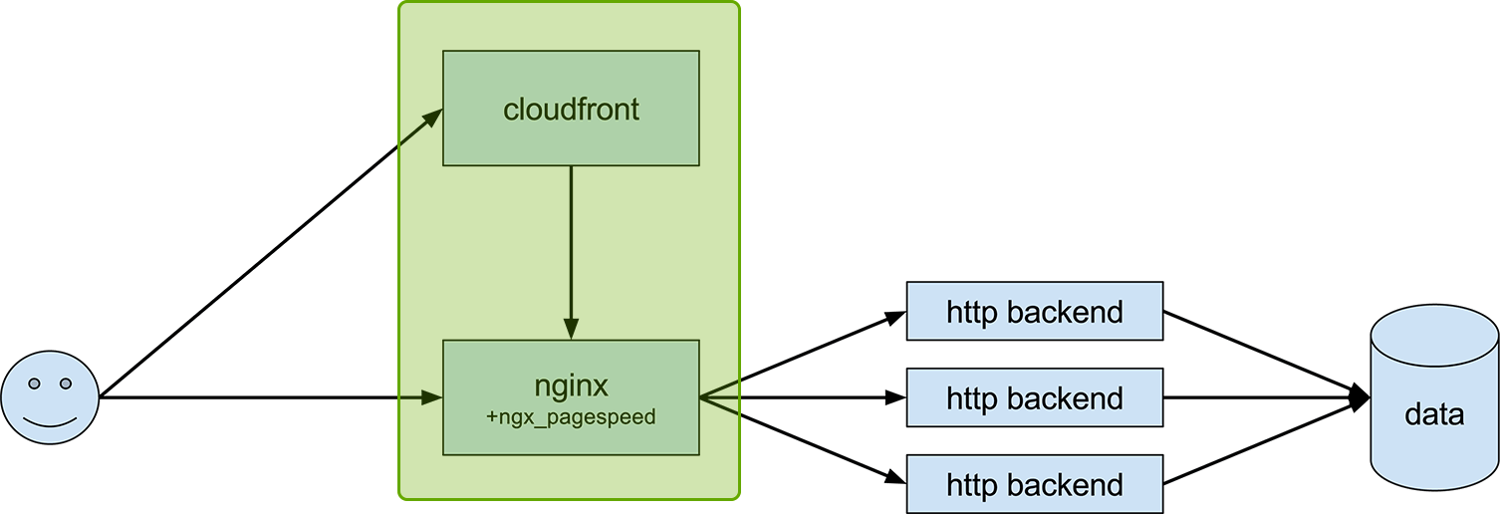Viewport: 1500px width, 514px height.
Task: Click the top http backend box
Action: pos(1035,312)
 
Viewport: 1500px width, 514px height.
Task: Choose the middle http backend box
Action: pos(1035,398)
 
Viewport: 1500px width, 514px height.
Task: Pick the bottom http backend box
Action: pos(1035,484)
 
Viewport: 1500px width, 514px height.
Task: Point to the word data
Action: pos(1434,414)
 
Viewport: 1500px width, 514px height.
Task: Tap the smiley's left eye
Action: pos(34,384)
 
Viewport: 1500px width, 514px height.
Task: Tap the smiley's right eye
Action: pos(66,384)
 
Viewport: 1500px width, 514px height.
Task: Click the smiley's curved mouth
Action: pos(50,422)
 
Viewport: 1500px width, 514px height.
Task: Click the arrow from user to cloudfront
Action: pos(269,255)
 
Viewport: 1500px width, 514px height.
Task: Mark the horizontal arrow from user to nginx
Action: pos(269,398)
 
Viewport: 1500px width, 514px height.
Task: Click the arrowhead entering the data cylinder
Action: pos(1361,398)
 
